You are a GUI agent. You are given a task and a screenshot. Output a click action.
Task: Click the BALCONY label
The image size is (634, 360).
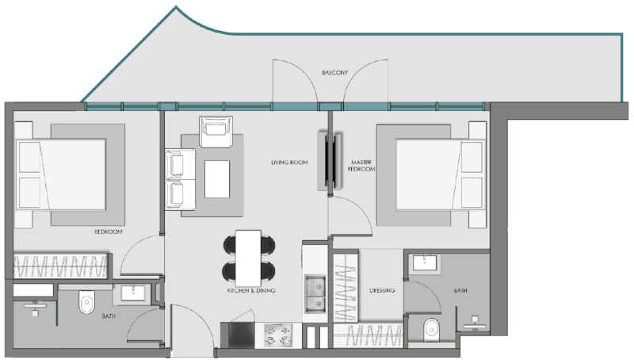335,72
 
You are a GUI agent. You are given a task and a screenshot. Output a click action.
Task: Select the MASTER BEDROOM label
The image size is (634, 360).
361,167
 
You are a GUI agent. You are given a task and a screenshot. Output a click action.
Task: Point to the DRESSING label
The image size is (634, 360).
382,290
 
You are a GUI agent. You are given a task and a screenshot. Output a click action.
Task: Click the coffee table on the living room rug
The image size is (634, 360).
217,179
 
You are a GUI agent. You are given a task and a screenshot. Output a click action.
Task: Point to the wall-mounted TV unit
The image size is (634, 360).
332,161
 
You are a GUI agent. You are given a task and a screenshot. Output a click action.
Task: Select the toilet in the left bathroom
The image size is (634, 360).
86,302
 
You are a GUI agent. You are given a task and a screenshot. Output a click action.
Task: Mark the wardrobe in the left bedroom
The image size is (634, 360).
62,262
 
